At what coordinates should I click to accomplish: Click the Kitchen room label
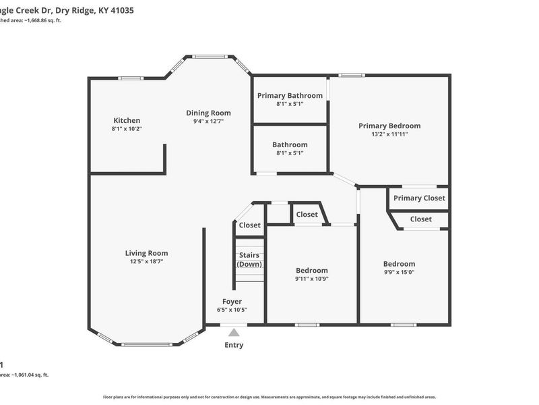[x=127, y=120]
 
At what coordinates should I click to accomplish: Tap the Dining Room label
[x=208, y=113]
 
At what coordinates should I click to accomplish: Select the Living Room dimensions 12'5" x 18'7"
[x=146, y=261]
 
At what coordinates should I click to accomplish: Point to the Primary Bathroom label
[x=290, y=95]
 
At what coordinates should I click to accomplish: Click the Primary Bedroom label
[x=389, y=126]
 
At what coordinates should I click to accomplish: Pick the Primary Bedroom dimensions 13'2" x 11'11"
[x=389, y=134]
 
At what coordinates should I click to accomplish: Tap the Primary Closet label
[x=419, y=198]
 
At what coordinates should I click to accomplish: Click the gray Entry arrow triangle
[x=234, y=332]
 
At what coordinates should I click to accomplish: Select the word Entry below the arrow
[x=234, y=345]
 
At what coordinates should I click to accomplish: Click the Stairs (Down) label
[x=249, y=259]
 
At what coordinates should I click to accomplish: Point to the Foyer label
[x=232, y=301]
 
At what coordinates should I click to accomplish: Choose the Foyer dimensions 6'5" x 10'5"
[x=232, y=310]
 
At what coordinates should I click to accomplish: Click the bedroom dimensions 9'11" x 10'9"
[x=311, y=279]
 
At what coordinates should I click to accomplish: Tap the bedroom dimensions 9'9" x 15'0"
[x=399, y=273]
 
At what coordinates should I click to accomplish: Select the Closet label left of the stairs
[x=249, y=225]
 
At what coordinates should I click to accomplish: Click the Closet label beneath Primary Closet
[x=421, y=219]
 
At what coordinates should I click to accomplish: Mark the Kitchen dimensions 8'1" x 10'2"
[x=127, y=128]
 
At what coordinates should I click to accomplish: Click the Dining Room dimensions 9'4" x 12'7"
[x=208, y=122]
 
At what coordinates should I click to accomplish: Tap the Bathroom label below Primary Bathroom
[x=290, y=144]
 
